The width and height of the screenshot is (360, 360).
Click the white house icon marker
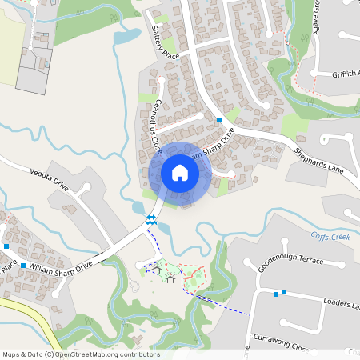click(x=180, y=173)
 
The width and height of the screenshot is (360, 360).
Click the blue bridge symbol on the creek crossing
click(x=150, y=218)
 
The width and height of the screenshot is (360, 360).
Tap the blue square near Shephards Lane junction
click(x=218, y=120)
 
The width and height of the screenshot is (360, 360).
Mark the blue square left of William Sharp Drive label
click(x=23, y=265)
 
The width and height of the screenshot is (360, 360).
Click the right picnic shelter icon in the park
click(x=170, y=279)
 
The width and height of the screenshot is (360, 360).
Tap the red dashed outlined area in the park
click(x=193, y=276)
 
